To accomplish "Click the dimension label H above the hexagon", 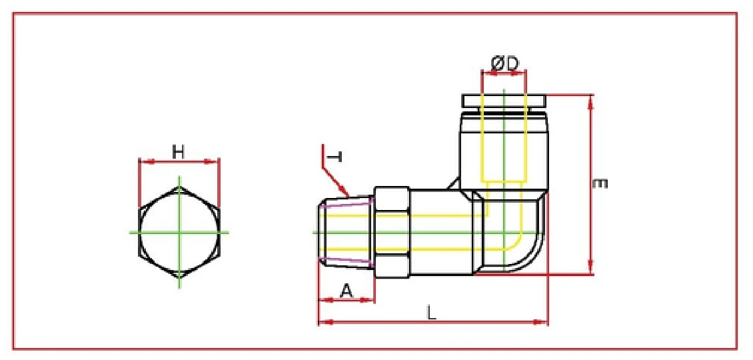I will click(178, 152).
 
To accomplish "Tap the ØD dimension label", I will click(504, 63).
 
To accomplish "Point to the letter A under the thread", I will click(346, 290).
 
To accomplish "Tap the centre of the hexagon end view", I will click(179, 232).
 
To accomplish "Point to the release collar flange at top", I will click(504, 101).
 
